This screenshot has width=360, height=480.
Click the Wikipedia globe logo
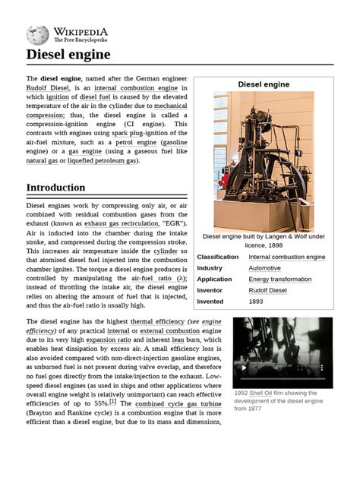[37, 34]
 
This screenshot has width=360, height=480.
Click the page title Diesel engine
[68, 55]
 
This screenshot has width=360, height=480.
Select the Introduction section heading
[55, 188]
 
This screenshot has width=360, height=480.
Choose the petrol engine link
[134, 142]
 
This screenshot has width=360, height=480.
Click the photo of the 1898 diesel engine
[263, 159]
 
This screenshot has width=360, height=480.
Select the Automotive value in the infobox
[264, 268]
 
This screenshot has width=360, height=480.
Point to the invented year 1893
[257, 301]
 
